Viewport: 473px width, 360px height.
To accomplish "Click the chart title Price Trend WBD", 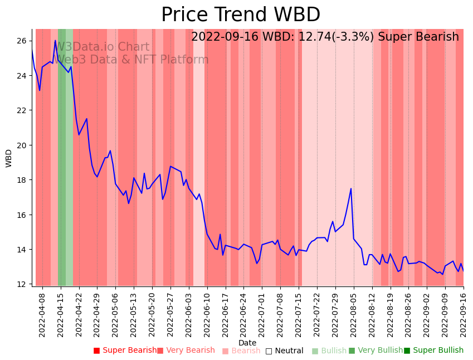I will point(241,15).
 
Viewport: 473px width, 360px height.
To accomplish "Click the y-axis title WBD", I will point(9,158).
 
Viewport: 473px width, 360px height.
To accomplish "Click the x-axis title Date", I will point(247,343).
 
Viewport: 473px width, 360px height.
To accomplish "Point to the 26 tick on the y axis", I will point(22,41).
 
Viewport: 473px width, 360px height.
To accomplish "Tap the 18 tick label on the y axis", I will point(22,180).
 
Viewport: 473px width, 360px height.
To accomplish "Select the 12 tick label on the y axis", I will point(22,284).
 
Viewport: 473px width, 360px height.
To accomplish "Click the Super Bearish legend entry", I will point(125,351).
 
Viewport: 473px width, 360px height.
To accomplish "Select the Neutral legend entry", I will point(284,351).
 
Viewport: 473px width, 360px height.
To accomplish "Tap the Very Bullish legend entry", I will point(376,351).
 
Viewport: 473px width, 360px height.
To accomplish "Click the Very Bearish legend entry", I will point(186,351).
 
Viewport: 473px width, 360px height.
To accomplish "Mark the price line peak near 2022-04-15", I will point(56,40).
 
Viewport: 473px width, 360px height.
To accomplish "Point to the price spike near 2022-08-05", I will point(351,188).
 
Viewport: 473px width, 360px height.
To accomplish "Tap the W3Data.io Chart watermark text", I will point(103,47).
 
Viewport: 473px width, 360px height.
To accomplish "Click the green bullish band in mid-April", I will point(62,156).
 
